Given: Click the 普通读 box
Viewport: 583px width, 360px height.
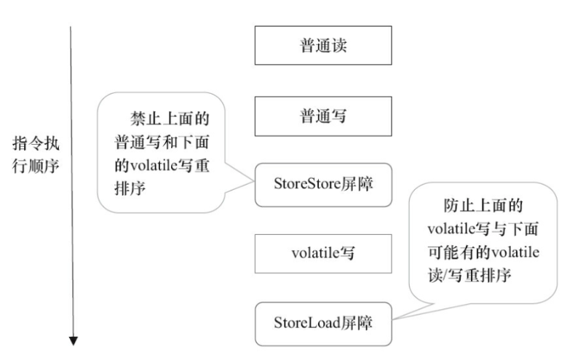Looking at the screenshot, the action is pos(323,45).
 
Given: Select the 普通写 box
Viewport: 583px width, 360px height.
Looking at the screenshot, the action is pos(323,116).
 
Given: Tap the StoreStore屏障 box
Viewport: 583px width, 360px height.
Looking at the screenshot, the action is pos(323,185).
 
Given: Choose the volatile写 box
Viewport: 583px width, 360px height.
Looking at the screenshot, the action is pos(323,254).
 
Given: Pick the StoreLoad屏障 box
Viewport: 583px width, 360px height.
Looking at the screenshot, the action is pos(323,324).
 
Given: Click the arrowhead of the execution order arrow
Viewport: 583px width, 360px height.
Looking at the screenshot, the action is pos(74,340).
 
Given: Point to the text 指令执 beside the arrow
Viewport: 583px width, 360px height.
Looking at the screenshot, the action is pos(36,143).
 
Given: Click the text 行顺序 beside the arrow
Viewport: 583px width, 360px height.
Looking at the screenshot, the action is pos(36,166).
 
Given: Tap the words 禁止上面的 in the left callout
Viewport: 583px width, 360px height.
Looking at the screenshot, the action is pos(170,119).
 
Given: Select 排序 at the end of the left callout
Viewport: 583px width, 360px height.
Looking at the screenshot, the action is pos(130,188).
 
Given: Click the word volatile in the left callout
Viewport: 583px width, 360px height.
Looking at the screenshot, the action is pos(152,166).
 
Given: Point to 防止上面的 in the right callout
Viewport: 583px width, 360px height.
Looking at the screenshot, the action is pos(483,205).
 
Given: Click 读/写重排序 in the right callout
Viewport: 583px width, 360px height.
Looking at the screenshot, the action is pos(469,276).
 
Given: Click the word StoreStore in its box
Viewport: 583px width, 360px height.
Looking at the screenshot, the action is pos(307,183).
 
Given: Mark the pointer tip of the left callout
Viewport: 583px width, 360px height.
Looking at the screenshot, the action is pos(254,181).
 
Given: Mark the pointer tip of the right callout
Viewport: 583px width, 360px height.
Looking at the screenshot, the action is pos(392,319).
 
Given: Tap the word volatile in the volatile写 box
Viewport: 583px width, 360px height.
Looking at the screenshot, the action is pos(315,253).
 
